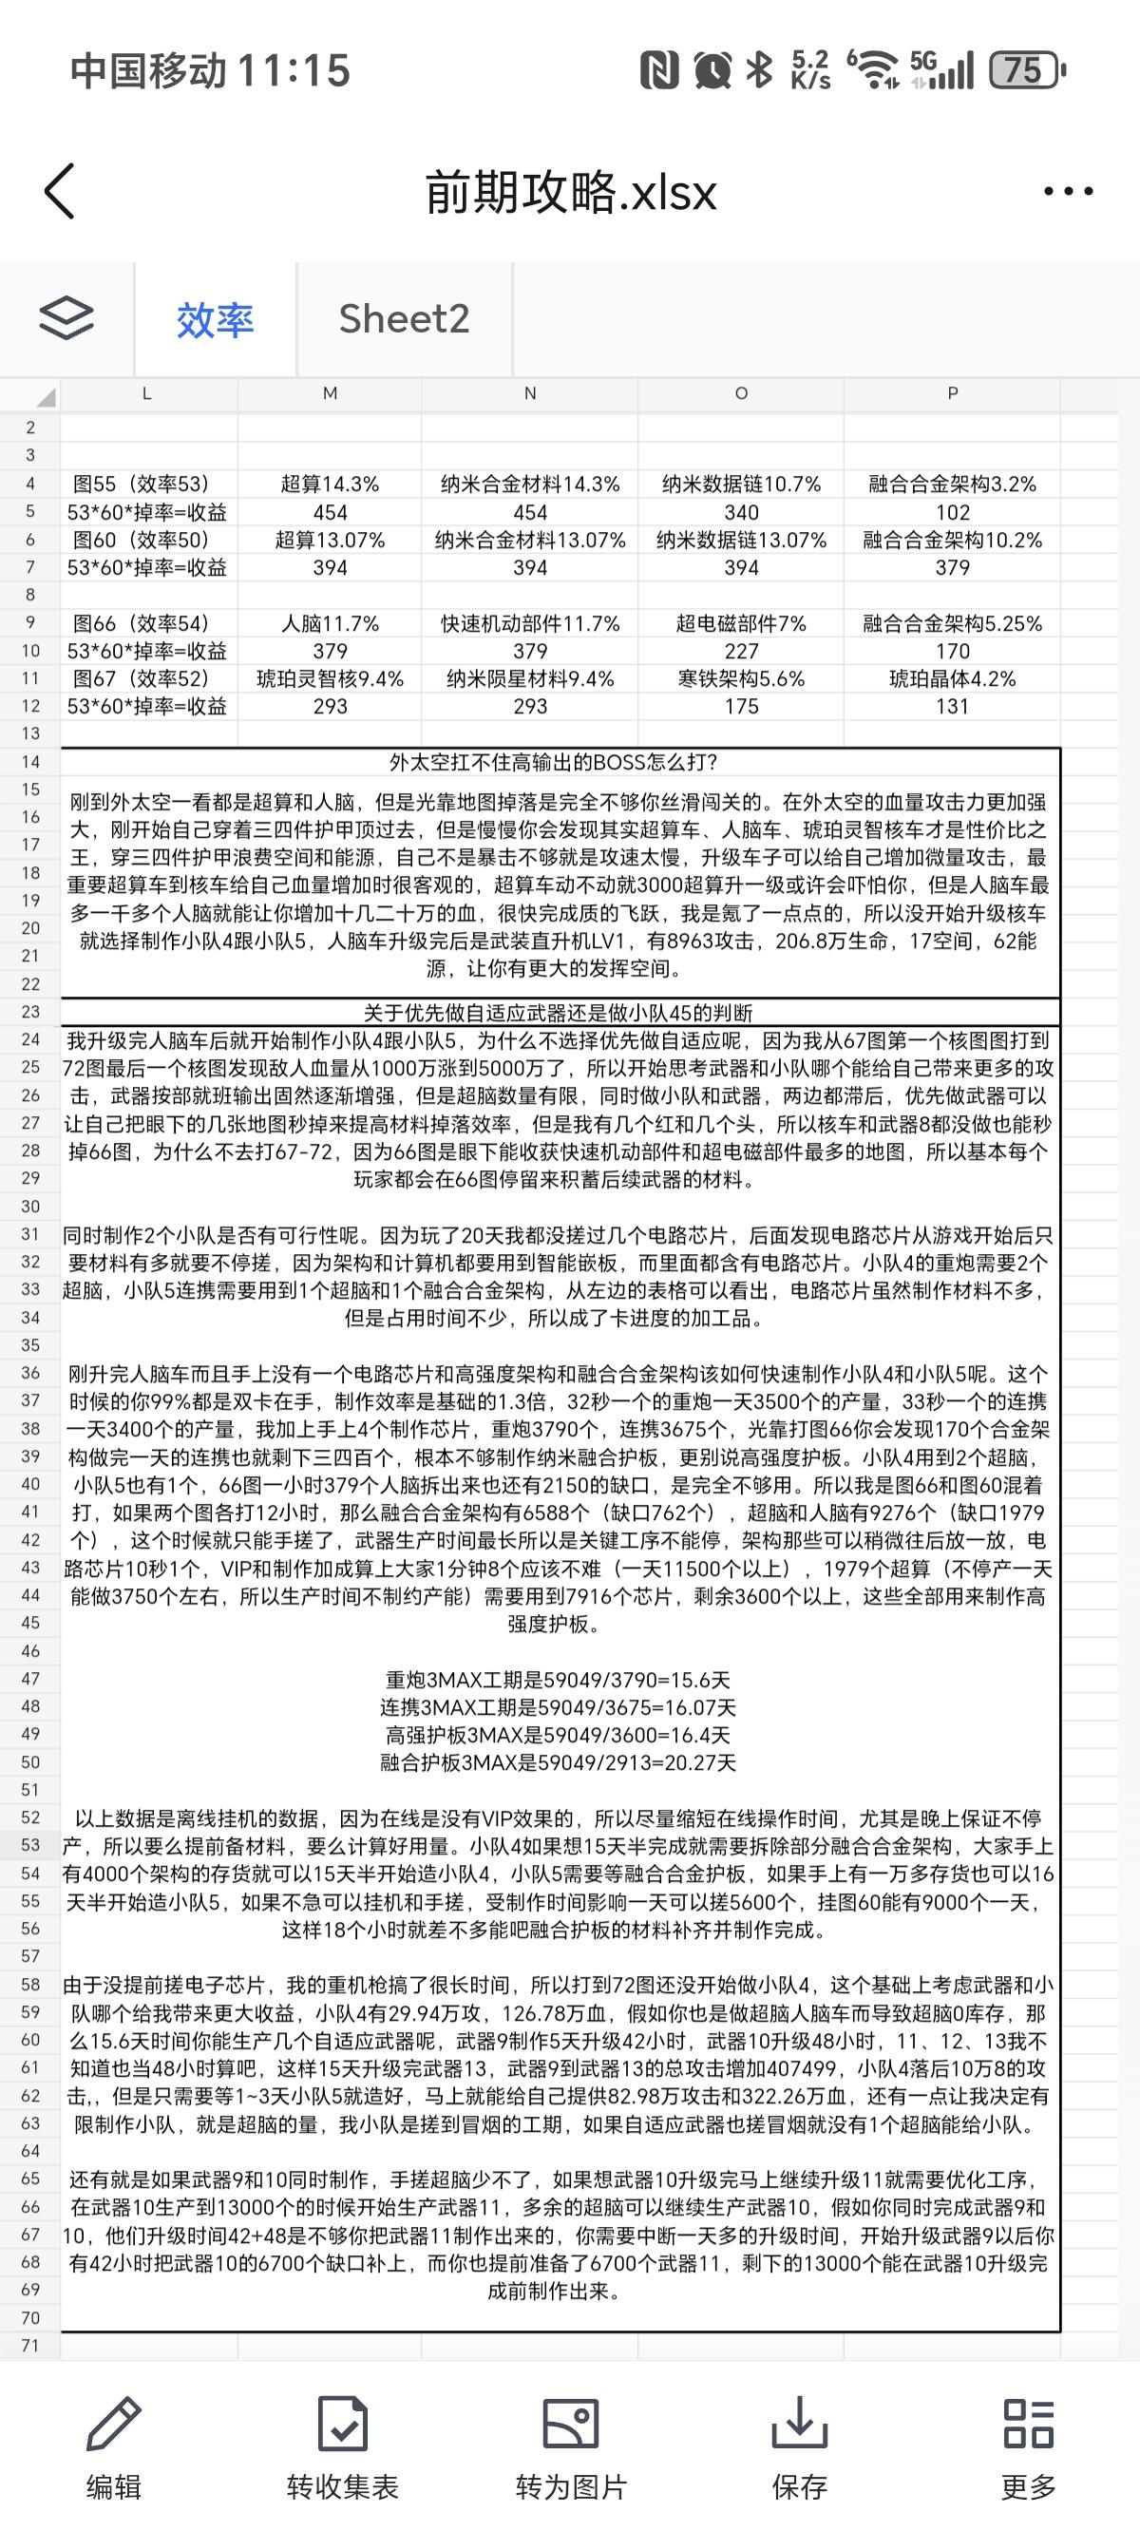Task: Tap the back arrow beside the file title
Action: (x=60, y=191)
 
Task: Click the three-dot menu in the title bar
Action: (x=1067, y=191)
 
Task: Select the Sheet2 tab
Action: (x=404, y=318)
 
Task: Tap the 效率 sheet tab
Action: (x=216, y=319)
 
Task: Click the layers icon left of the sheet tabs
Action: (x=66, y=318)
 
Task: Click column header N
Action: (x=530, y=393)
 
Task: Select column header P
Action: (x=951, y=393)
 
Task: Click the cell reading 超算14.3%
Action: (x=331, y=484)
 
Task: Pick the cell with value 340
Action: (x=741, y=512)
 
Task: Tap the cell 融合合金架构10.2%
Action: (x=951, y=540)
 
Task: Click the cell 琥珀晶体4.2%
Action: (x=951, y=678)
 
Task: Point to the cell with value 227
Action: (x=741, y=651)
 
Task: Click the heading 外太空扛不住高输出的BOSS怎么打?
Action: (x=553, y=761)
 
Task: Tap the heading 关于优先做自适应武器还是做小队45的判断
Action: (x=559, y=1012)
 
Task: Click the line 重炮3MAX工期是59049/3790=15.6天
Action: (x=559, y=1679)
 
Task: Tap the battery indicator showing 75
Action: (x=1025, y=70)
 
